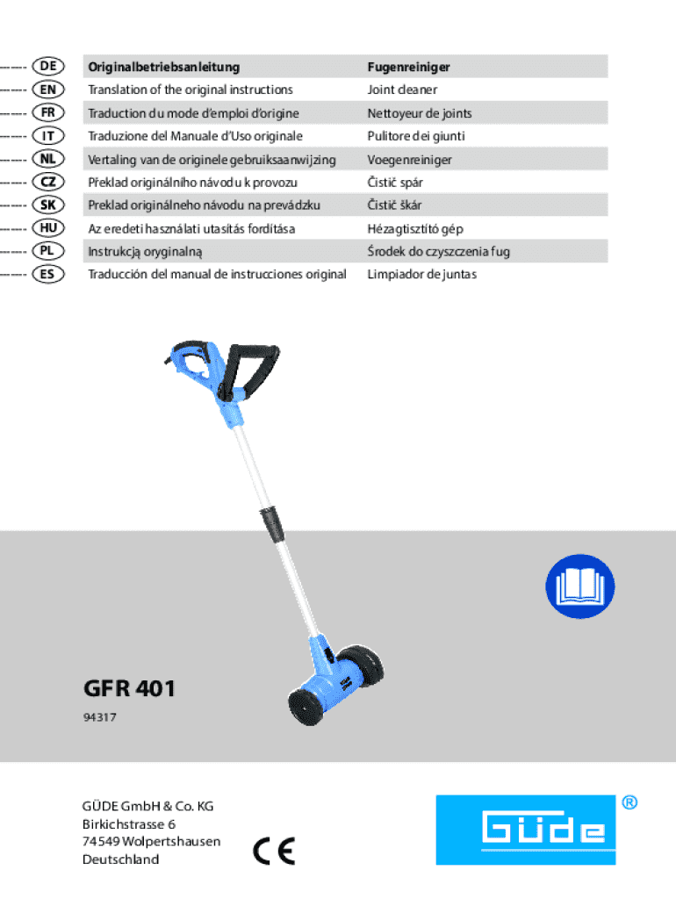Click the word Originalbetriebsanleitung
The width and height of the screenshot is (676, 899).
(163, 67)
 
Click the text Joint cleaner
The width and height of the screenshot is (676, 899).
(403, 90)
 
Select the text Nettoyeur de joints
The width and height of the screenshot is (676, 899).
(420, 113)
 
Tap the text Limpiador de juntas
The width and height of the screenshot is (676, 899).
(422, 275)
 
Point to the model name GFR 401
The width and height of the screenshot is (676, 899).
(129, 689)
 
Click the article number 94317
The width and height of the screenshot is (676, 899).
(99, 717)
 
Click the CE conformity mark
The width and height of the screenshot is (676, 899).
(274, 851)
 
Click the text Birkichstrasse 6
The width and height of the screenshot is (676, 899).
(129, 823)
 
